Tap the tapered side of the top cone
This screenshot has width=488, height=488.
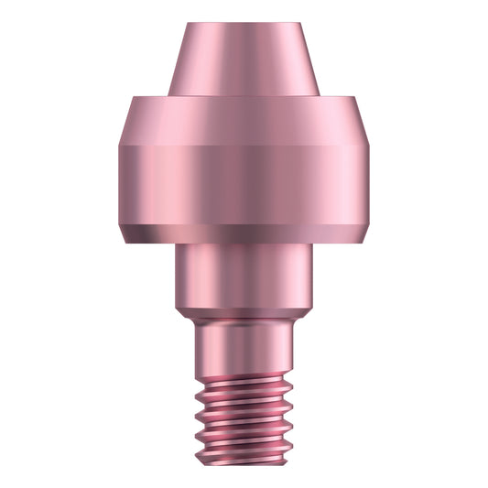pyautogui.click(x=243, y=60)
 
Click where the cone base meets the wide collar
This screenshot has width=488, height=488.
pyautogui.click(x=243, y=94)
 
